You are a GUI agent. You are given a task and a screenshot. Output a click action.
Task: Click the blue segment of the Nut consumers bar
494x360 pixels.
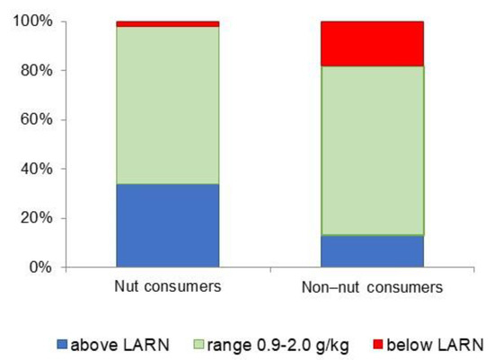(x=167, y=225)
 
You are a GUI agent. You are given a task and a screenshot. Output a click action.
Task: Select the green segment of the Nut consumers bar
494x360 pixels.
(x=167, y=105)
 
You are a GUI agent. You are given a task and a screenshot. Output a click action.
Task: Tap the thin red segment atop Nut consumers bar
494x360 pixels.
(x=167, y=24)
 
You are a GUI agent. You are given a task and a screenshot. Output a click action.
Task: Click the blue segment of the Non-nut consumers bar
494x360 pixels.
(x=372, y=251)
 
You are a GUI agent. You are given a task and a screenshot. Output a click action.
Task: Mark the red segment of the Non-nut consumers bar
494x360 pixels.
(x=372, y=43)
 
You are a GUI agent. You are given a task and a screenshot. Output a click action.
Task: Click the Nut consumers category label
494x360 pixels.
(x=167, y=287)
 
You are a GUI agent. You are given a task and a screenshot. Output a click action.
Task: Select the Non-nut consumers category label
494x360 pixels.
(x=372, y=288)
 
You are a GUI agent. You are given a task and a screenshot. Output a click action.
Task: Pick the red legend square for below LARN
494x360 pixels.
(x=391, y=343)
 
